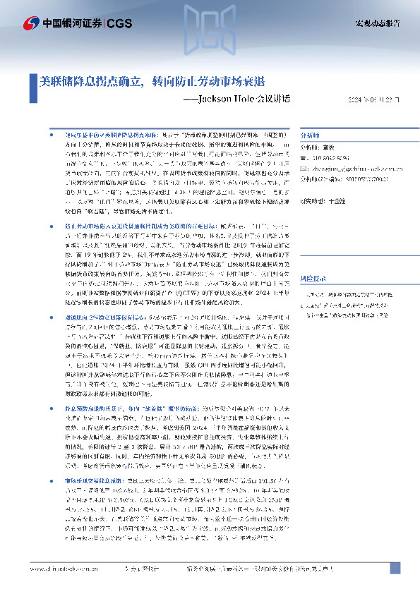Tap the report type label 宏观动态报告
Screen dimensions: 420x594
click(x=376, y=24)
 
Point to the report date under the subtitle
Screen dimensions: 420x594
click(x=373, y=99)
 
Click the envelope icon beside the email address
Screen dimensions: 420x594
click(x=304, y=169)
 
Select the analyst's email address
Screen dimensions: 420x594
click(x=349, y=169)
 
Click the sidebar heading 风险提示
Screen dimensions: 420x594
click(x=313, y=279)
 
